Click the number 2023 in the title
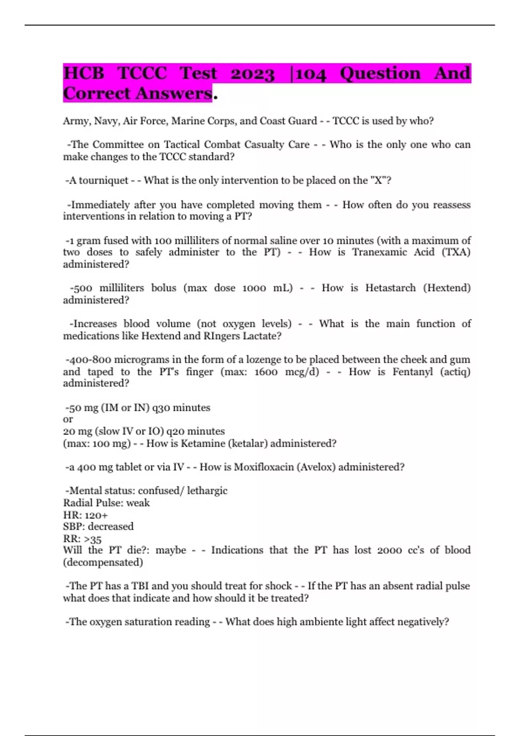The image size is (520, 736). point(252,74)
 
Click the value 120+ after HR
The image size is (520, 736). point(96,515)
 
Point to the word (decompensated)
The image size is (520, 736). point(103,562)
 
